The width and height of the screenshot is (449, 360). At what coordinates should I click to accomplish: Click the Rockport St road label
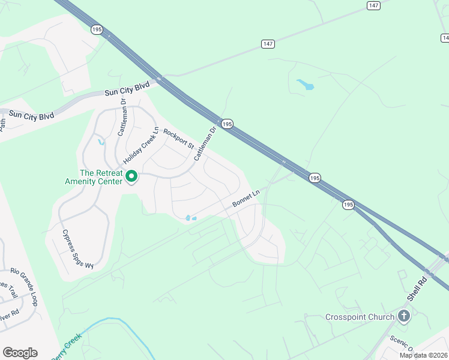[179, 139]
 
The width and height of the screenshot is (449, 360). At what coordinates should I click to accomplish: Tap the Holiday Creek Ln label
[140, 146]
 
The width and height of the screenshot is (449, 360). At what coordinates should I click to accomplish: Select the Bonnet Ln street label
[247, 199]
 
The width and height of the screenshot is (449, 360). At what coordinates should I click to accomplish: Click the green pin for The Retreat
[131, 176]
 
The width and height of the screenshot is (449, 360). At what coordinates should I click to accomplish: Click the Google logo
[20, 352]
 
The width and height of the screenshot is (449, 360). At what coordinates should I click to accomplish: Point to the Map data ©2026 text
[423, 355]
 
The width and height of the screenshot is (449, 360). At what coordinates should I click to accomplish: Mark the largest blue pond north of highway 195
[306, 85]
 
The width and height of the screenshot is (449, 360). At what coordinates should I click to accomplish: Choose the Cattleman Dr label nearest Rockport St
[204, 144]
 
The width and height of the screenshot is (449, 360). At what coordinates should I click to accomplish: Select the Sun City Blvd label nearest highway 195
[127, 89]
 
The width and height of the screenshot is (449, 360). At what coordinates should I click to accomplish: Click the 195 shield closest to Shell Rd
[348, 205]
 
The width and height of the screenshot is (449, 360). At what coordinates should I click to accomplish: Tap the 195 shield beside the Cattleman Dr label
[226, 123]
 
